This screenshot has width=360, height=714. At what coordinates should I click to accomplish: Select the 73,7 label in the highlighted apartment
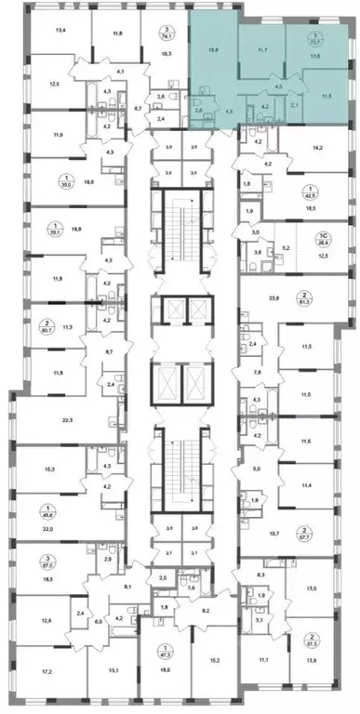317,43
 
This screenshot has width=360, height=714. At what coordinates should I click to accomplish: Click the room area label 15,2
214,662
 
